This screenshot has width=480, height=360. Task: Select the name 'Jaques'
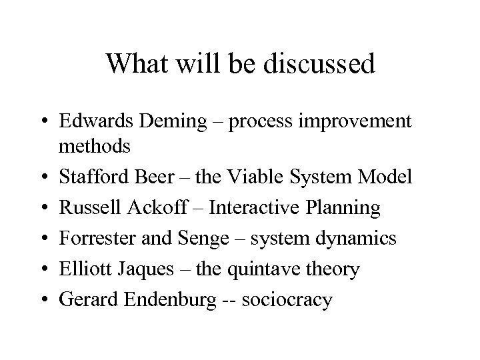tap(157, 270)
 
